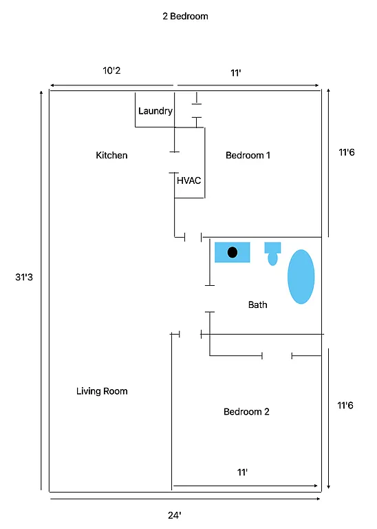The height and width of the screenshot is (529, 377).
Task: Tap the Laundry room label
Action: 155,111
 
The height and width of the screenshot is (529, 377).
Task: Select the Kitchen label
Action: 111,155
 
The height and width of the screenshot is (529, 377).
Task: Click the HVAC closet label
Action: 189,180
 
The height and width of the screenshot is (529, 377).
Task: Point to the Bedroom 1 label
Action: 248,155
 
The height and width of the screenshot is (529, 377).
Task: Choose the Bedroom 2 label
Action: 246,411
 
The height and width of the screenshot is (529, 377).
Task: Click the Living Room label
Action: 102,391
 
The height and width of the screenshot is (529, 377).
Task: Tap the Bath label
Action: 258,304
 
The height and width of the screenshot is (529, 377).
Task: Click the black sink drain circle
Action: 233,252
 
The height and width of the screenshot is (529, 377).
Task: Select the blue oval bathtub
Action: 301,276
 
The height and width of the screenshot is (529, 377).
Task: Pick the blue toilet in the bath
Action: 272,253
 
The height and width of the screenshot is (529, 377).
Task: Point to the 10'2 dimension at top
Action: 113,71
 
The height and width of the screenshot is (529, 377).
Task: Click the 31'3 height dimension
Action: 24,277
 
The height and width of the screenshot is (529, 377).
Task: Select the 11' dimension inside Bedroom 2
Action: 242,472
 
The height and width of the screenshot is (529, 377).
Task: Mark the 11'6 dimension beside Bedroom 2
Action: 346,406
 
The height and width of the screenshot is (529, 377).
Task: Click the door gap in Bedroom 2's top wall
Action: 277,355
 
